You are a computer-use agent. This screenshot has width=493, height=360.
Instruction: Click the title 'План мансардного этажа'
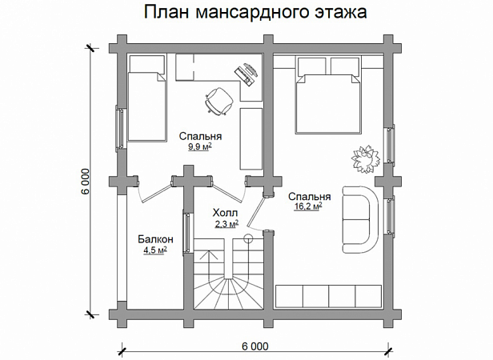[255, 12]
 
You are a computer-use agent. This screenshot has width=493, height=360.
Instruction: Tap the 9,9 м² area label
[200, 146]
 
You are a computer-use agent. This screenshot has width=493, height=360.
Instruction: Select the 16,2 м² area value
[308, 206]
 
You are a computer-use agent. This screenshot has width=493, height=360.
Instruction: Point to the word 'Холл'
[226, 213]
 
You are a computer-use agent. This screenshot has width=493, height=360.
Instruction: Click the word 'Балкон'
[155, 239]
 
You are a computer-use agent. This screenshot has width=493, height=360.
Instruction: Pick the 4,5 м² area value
[155, 250]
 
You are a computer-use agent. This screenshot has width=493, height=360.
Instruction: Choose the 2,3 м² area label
[226, 223]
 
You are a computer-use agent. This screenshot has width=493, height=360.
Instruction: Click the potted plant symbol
[366, 158]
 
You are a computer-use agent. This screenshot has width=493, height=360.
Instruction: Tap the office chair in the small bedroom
[218, 101]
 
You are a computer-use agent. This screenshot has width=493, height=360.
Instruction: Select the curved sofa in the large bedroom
[360, 219]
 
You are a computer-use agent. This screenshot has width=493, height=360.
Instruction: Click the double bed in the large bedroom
[328, 95]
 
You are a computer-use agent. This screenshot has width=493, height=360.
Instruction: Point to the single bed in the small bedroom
[146, 98]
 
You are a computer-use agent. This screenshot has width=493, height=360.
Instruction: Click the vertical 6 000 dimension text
[86, 182]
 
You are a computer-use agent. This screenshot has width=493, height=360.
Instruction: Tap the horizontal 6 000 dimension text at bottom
[255, 346]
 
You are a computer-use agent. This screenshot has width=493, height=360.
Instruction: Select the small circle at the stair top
[248, 238]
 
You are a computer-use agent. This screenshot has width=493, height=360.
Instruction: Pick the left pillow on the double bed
[311, 66]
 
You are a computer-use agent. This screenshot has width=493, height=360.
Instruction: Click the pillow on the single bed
[147, 65]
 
